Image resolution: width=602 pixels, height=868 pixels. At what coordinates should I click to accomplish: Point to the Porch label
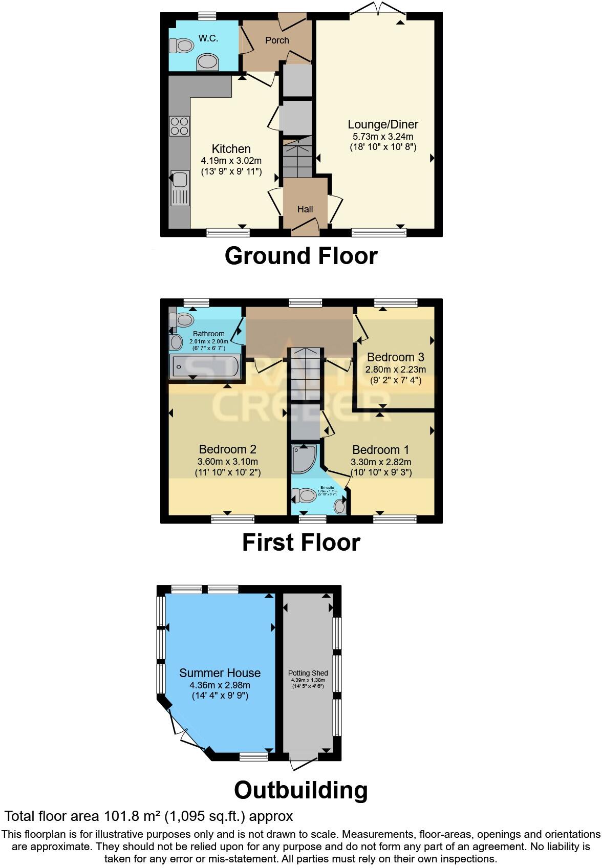[x=277, y=40]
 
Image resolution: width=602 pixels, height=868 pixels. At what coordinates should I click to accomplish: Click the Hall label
[x=305, y=209]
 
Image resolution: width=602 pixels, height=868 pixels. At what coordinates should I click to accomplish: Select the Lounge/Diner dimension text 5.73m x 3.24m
[x=383, y=137]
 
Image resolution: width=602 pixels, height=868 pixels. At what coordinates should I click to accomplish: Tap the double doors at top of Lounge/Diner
[x=377, y=9]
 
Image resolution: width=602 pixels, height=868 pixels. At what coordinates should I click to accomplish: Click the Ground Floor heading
[x=301, y=255]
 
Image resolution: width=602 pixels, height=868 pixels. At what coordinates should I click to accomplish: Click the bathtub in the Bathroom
[x=205, y=366]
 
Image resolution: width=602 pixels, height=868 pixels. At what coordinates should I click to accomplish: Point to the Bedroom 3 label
[x=395, y=357]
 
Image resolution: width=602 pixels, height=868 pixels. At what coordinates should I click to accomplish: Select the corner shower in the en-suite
[x=304, y=458]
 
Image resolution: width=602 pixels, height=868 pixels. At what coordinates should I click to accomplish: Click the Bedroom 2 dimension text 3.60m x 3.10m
[x=228, y=461]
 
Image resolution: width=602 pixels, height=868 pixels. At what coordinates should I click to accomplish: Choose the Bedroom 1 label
[x=380, y=450]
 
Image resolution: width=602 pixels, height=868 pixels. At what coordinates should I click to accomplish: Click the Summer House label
[x=220, y=673]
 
